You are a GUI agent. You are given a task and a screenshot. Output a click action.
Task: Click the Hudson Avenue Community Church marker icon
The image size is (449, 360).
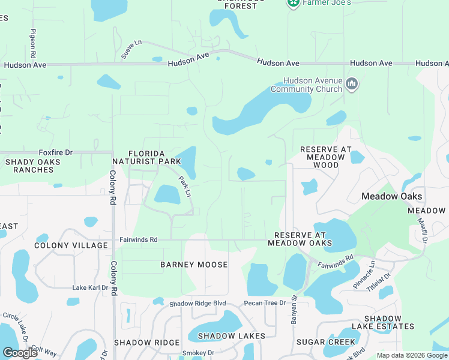[x=352, y=84]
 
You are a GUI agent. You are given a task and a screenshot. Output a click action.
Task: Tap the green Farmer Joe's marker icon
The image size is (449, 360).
[x=293, y=3]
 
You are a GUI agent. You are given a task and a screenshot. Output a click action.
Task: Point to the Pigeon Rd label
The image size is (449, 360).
[x=33, y=41]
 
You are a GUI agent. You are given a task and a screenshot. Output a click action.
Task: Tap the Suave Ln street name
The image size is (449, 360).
[x=131, y=49]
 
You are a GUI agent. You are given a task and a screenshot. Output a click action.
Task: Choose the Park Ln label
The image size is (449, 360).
[x=185, y=187]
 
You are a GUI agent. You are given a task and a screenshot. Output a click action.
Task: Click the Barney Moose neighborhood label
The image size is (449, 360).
[x=194, y=265]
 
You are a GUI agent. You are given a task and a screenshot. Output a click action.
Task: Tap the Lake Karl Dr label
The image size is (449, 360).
[x=90, y=287]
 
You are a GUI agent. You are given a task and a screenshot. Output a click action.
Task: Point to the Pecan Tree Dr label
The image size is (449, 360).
[x=265, y=303]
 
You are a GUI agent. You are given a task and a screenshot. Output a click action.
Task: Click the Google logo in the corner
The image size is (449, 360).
[x=20, y=352]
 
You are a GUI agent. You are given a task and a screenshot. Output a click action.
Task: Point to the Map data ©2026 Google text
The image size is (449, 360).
[x=412, y=355]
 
